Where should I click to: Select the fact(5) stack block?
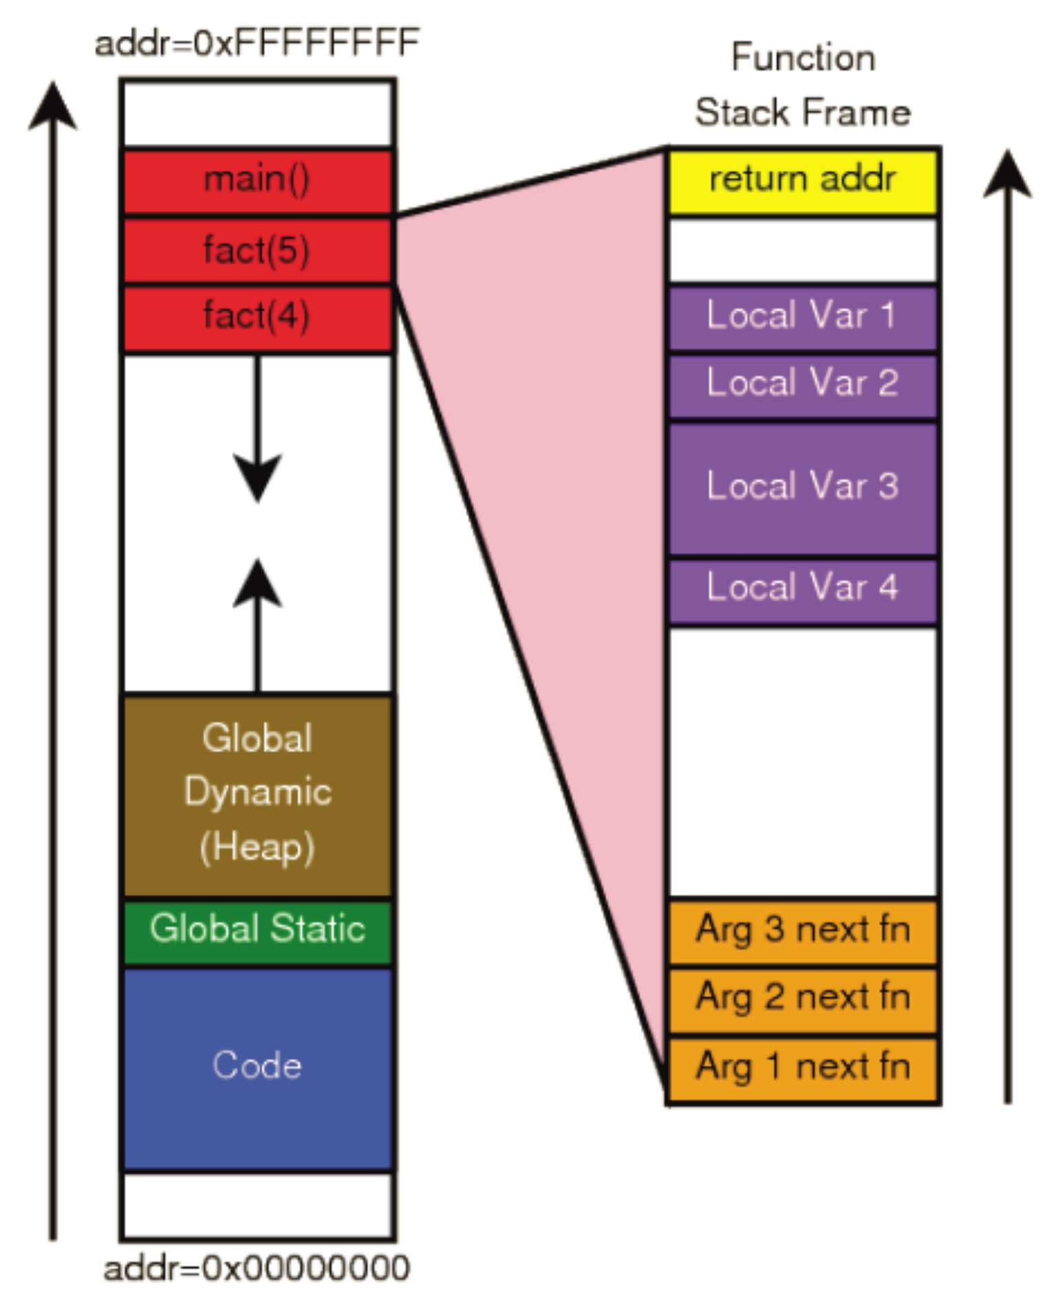coord(257,251)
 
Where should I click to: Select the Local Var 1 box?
coord(802,317)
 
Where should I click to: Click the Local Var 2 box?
coord(802,384)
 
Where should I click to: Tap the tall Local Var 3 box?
coord(802,487)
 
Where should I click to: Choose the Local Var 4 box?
coord(802,589)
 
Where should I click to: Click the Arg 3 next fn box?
coord(802,931)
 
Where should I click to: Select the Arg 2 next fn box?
coord(802,998)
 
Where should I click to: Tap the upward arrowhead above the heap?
coord(257,584)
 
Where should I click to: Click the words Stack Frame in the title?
coord(802,113)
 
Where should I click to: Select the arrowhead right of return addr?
coord(1007,175)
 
